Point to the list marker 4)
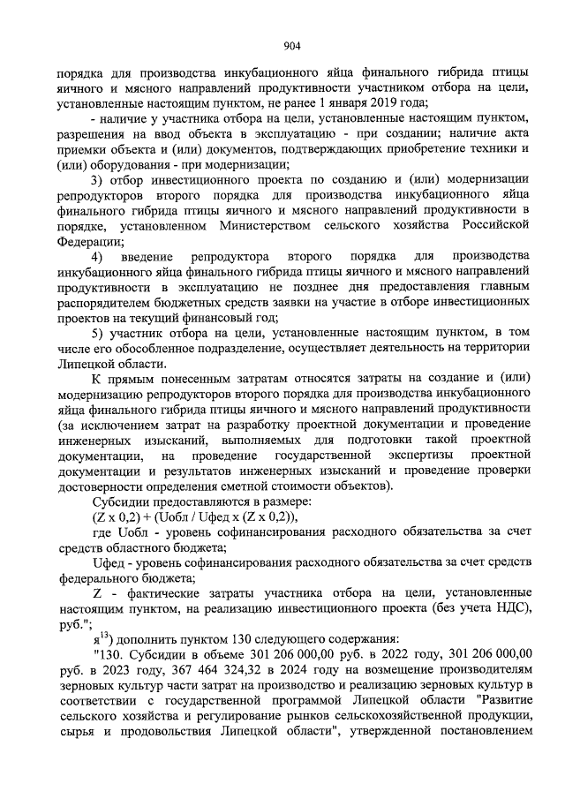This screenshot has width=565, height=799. click(99, 256)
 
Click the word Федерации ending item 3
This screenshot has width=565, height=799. click(84, 241)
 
